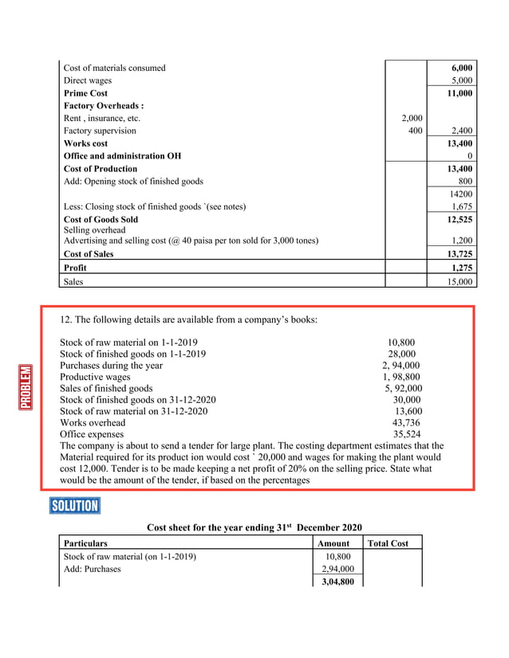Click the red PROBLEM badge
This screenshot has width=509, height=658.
click(26, 386)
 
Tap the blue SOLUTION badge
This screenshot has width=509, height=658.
click(74, 506)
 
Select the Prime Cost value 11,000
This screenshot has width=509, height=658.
click(460, 93)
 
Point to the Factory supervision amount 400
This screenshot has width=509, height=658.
click(415, 131)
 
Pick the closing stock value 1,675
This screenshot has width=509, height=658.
click(461, 206)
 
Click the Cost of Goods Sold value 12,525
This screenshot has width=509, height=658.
click(460, 219)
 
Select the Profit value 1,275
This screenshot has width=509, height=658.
click(461, 268)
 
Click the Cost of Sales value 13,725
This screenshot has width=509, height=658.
click(460, 254)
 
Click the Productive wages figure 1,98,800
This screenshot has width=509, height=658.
click(401, 377)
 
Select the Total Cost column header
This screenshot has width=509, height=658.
click(388, 543)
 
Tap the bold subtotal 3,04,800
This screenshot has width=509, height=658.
click(334, 582)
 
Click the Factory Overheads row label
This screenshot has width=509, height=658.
click(103, 105)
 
